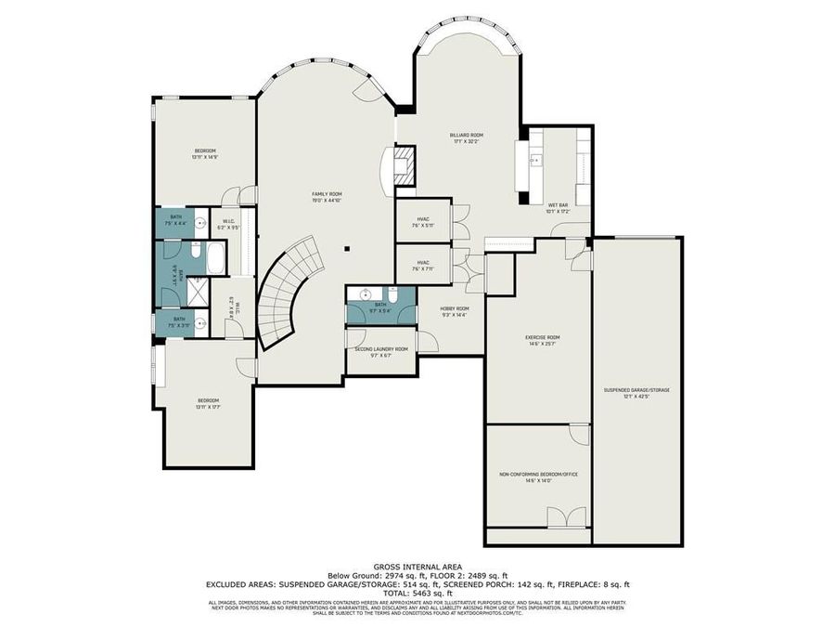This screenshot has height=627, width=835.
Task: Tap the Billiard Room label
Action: coord(468,135)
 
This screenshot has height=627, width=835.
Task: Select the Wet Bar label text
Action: coord(558,204)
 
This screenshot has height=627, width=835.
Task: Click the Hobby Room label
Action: coord(455,308)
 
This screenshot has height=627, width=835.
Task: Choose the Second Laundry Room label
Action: coord(381,349)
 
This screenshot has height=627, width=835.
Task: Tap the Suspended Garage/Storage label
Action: coord(636,390)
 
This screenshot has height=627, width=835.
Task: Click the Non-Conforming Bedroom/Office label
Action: coord(538,474)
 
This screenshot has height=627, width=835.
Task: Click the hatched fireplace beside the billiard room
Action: coord(405,167)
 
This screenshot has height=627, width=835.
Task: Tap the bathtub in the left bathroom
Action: coord(214,257)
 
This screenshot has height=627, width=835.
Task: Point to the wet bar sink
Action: coord(535,160)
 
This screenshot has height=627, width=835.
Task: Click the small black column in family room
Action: coord(346,249)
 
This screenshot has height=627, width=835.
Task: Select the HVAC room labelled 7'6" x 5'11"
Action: coord(423,220)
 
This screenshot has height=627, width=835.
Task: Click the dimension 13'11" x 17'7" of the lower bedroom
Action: coord(206,407)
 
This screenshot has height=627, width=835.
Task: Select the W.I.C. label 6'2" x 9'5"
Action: coord(228,224)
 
